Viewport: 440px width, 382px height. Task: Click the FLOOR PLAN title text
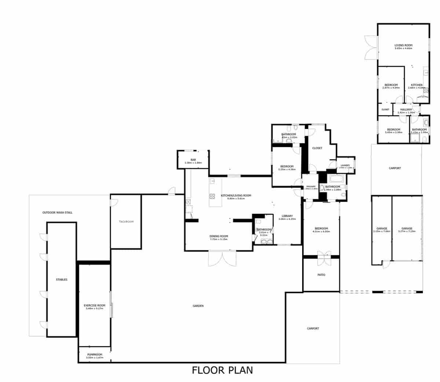point(222,370)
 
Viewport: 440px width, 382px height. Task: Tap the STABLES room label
point(62,280)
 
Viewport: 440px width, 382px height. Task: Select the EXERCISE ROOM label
point(95,305)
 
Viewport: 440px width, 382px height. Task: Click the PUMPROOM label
point(95,355)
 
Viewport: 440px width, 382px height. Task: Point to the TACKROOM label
point(126,222)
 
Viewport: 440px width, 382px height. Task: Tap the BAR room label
point(193,159)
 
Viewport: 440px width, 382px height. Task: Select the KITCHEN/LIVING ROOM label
point(236,196)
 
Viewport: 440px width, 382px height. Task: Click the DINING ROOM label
point(219,236)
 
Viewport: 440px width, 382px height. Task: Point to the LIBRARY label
point(287,216)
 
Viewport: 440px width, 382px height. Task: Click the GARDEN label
point(198,306)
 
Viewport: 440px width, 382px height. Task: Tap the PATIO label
point(321,275)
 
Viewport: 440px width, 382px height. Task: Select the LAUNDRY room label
point(346,165)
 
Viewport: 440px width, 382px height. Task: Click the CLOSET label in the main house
point(317,148)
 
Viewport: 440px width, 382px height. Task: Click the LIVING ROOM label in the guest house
point(403,45)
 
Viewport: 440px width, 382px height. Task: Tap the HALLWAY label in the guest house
point(406,109)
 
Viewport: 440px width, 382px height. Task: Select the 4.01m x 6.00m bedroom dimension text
point(321,232)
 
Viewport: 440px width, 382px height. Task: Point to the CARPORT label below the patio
point(313,328)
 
